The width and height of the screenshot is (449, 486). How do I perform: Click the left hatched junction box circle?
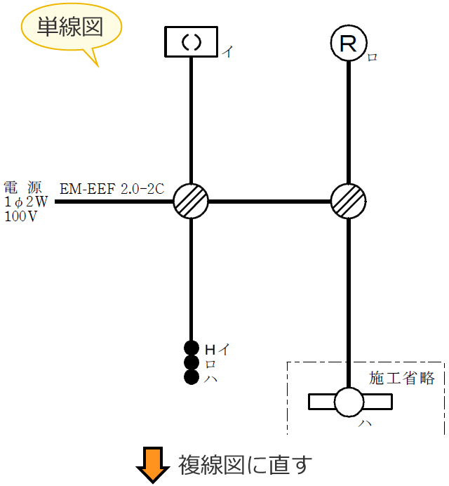tap(191, 202)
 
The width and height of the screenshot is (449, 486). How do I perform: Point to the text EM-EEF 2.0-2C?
tap(112, 188)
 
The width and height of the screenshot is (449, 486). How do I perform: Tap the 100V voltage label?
tap(21, 216)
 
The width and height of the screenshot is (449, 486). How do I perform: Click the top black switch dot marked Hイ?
tap(191, 348)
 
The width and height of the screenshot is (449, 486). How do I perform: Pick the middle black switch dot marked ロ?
tap(191, 362)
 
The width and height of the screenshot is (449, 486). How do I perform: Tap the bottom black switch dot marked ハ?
tap(191, 377)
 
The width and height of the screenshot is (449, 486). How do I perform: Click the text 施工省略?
tap(402, 379)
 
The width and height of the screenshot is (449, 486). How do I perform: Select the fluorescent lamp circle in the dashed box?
tap(349, 402)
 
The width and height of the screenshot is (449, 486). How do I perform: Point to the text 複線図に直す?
tap(242, 465)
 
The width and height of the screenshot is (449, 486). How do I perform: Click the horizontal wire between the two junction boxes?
tap(270, 202)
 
